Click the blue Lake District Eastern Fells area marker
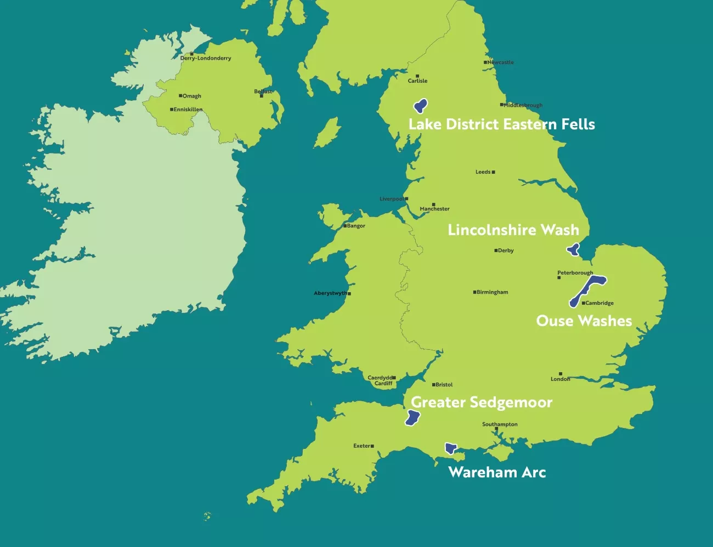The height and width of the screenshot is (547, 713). coord(421,105)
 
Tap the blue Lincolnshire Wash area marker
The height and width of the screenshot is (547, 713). coord(574,250)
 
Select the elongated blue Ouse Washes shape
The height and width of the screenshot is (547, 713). coord(587,290)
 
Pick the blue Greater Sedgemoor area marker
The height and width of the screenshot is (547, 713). coord(412,418)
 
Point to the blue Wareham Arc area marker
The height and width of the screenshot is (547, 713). coord(451,448)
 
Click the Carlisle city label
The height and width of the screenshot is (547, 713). coord(417,81)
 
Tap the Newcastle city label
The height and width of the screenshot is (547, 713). coord(500,62)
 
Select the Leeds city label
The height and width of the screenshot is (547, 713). coord(483,172)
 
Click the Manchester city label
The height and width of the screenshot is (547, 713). coord(434,209)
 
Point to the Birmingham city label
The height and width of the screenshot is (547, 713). coord(492,292)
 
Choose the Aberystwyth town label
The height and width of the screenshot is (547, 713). coord(330,293)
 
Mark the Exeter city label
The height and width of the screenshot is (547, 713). coord(361,446)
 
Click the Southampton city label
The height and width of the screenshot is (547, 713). coord(500,424)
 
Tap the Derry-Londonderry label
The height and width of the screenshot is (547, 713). coord(206,58)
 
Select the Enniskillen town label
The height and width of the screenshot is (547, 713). coord(188,110)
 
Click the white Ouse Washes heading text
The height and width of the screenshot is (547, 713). coord(584,321)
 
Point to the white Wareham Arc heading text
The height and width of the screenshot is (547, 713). coord(497,472)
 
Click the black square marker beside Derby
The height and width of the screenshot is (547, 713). coord(496,250)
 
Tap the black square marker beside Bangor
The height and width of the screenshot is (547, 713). coord(345,226)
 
